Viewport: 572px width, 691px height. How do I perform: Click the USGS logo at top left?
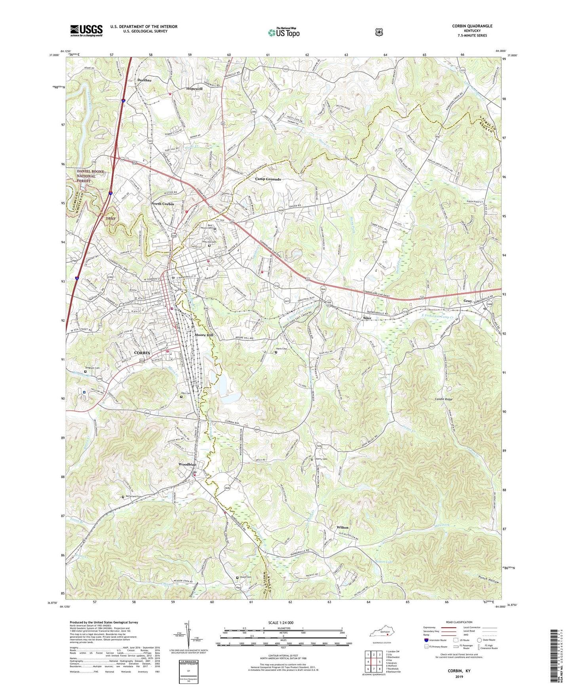coord(86,30)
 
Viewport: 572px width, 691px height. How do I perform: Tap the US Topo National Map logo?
coord(283,32)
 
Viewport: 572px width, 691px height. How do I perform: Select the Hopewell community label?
coord(194,89)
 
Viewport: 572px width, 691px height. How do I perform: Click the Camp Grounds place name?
coord(268,179)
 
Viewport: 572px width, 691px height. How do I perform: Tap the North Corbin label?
coord(163,204)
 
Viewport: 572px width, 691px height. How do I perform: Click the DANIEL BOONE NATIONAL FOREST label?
coord(91,176)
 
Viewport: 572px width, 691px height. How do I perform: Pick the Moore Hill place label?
coord(204,335)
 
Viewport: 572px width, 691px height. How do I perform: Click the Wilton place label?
coord(342,528)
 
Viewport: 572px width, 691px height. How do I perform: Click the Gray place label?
coord(467,301)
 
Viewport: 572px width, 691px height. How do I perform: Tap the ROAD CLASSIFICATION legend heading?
coord(459,622)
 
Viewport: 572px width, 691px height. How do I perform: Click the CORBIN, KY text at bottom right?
coord(459,671)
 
